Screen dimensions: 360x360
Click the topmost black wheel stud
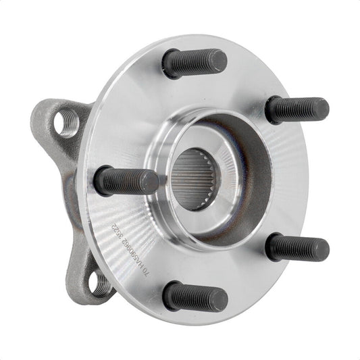194,63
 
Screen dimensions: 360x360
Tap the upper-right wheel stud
297,109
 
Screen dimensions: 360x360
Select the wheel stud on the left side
127,181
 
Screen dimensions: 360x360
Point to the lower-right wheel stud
297,248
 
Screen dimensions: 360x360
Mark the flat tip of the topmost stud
217,61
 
